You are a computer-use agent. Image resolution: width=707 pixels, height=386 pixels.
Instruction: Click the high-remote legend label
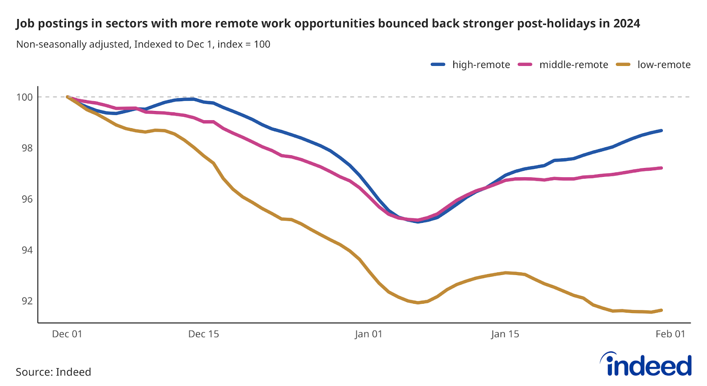coord(481,65)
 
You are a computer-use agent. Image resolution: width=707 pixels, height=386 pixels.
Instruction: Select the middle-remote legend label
coord(573,65)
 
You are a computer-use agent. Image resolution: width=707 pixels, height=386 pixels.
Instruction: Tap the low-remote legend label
coord(663,65)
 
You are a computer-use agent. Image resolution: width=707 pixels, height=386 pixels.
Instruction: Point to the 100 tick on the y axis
coord(25,97)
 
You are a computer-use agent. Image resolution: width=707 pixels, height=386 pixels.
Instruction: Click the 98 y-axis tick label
coord(27,148)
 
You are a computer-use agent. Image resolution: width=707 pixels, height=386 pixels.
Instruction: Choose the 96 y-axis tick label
coord(27,199)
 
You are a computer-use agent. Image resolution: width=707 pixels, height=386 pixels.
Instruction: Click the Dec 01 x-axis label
coord(67,334)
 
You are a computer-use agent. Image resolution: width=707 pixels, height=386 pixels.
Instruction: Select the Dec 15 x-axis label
coord(203,334)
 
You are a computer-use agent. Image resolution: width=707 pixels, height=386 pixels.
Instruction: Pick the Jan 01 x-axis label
coord(368,334)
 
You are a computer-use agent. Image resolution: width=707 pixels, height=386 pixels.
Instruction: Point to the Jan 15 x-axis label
coord(505,334)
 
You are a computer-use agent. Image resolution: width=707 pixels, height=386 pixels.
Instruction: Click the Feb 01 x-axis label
coord(670,334)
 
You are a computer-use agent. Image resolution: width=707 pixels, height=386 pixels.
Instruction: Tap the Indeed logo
coord(646,365)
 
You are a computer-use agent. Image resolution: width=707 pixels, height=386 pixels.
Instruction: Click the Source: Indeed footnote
coord(53,372)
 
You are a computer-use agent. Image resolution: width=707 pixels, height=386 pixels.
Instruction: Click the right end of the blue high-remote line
coord(661,130)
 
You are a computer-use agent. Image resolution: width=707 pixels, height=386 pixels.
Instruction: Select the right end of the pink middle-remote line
coord(661,168)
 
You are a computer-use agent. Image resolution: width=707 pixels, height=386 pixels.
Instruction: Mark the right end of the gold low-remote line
coord(661,310)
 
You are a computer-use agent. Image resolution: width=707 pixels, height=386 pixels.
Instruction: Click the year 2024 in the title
coord(626,23)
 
